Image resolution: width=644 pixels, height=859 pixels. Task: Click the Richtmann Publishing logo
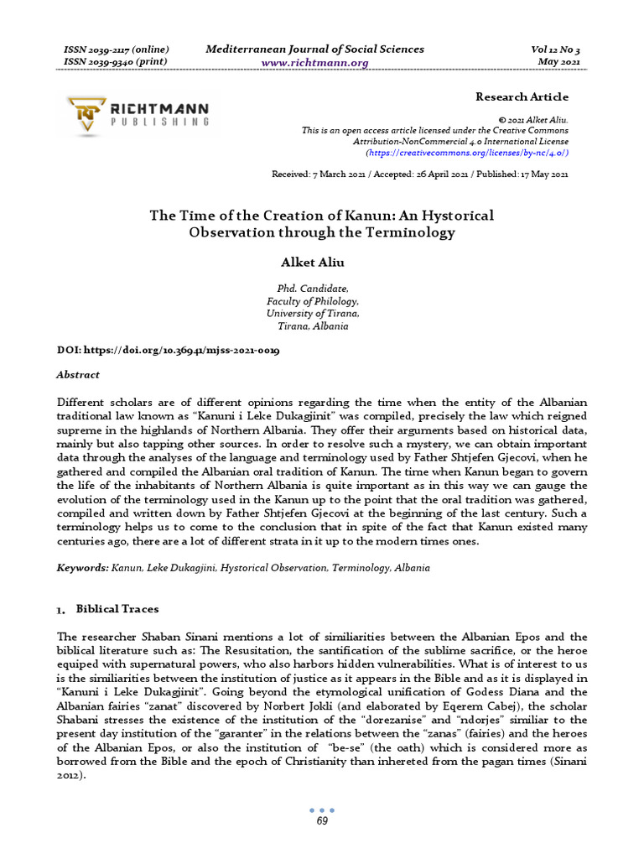coord(139,116)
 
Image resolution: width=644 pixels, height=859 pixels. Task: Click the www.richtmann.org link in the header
coord(314,63)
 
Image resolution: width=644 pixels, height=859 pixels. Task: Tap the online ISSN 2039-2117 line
coord(117,49)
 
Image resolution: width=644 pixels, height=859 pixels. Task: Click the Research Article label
coord(522,97)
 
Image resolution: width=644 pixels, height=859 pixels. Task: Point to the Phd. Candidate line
coord(301,289)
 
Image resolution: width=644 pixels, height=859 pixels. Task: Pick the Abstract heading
coord(78,375)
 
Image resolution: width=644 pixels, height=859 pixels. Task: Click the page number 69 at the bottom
coord(322,820)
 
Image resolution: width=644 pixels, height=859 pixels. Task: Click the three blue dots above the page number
coord(322,810)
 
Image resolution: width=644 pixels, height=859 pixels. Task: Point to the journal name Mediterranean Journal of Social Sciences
coord(314,49)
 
